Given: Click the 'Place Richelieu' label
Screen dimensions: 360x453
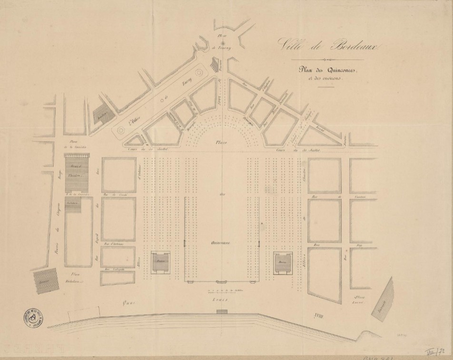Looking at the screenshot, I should coord(73,278).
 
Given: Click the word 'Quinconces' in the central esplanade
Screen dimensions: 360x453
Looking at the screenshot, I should coord(221,243).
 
